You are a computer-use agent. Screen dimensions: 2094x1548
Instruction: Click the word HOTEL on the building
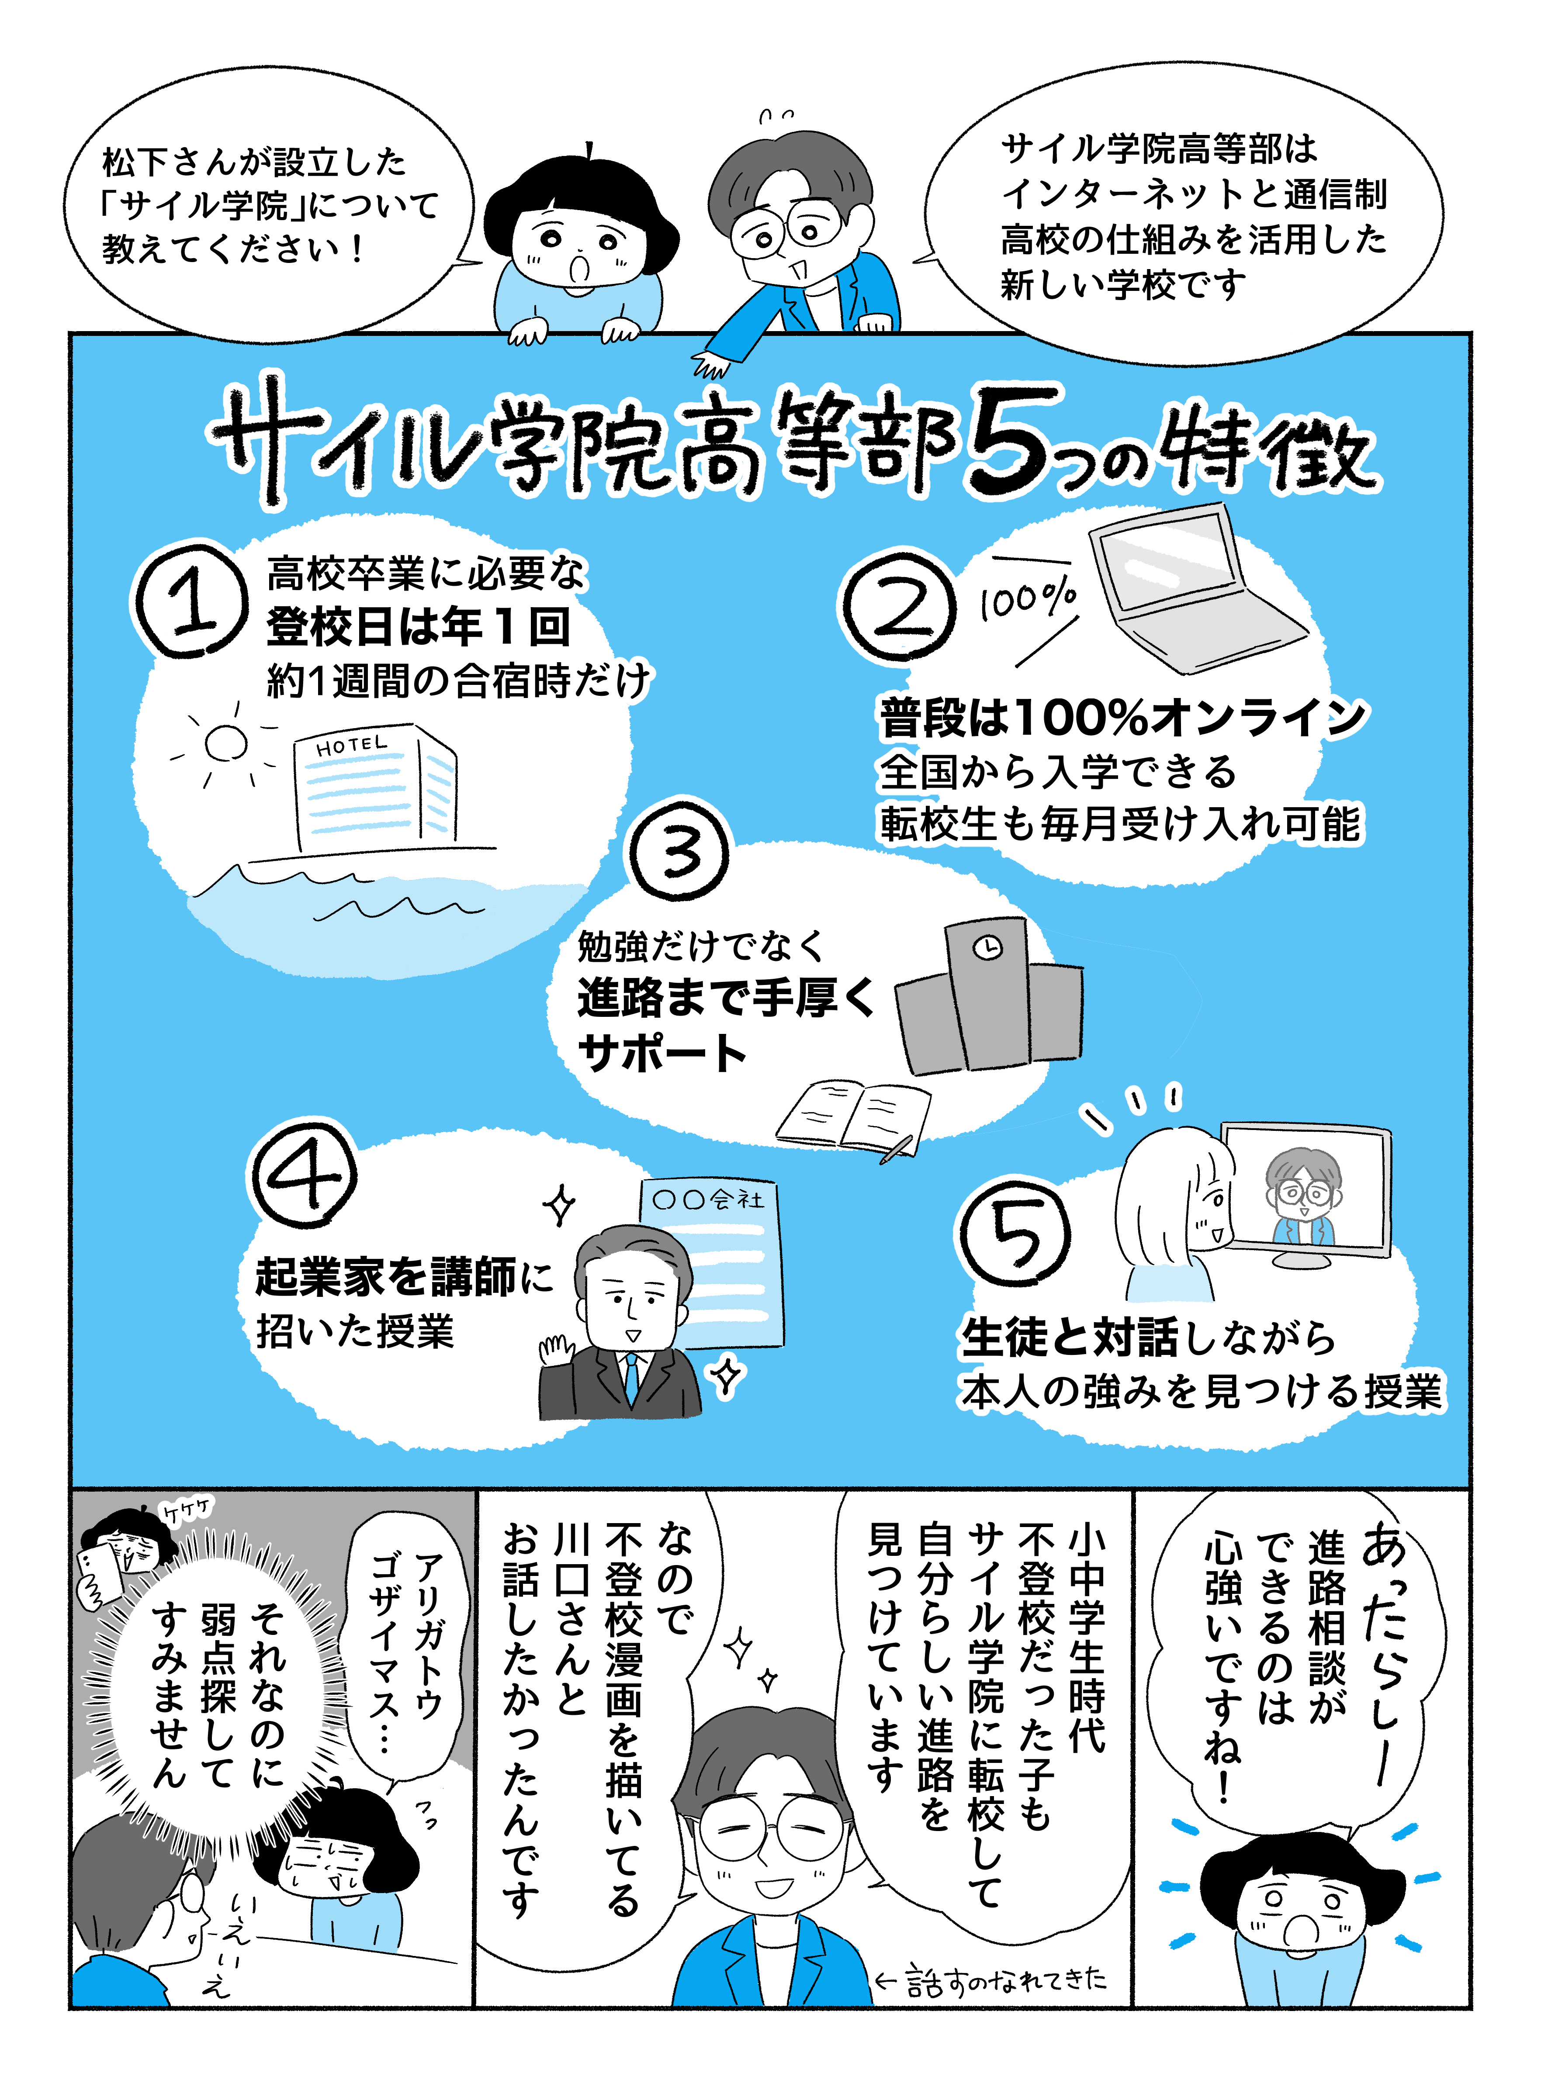pos(351,746)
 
